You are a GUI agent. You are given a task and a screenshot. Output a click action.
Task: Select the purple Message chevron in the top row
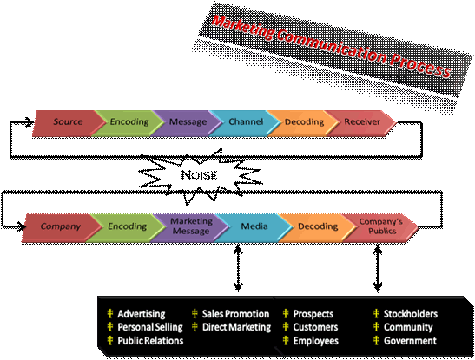click(x=188, y=123)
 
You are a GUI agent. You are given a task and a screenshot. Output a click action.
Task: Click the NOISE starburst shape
click(x=200, y=175)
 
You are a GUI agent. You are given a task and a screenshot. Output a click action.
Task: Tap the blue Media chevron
click(x=254, y=227)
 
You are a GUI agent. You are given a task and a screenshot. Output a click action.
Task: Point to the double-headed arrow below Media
click(x=239, y=268)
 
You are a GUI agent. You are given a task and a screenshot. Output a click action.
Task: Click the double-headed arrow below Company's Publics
click(x=377, y=268)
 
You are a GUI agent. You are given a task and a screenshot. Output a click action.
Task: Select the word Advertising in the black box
click(x=142, y=314)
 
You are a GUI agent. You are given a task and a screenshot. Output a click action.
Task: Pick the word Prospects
click(x=313, y=314)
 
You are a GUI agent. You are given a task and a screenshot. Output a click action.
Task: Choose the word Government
click(x=410, y=341)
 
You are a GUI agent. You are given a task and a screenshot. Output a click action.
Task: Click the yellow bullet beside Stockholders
click(x=376, y=314)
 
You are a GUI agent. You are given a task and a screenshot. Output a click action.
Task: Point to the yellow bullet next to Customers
click(x=286, y=327)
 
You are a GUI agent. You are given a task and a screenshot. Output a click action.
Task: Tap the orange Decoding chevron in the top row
click(x=304, y=123)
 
